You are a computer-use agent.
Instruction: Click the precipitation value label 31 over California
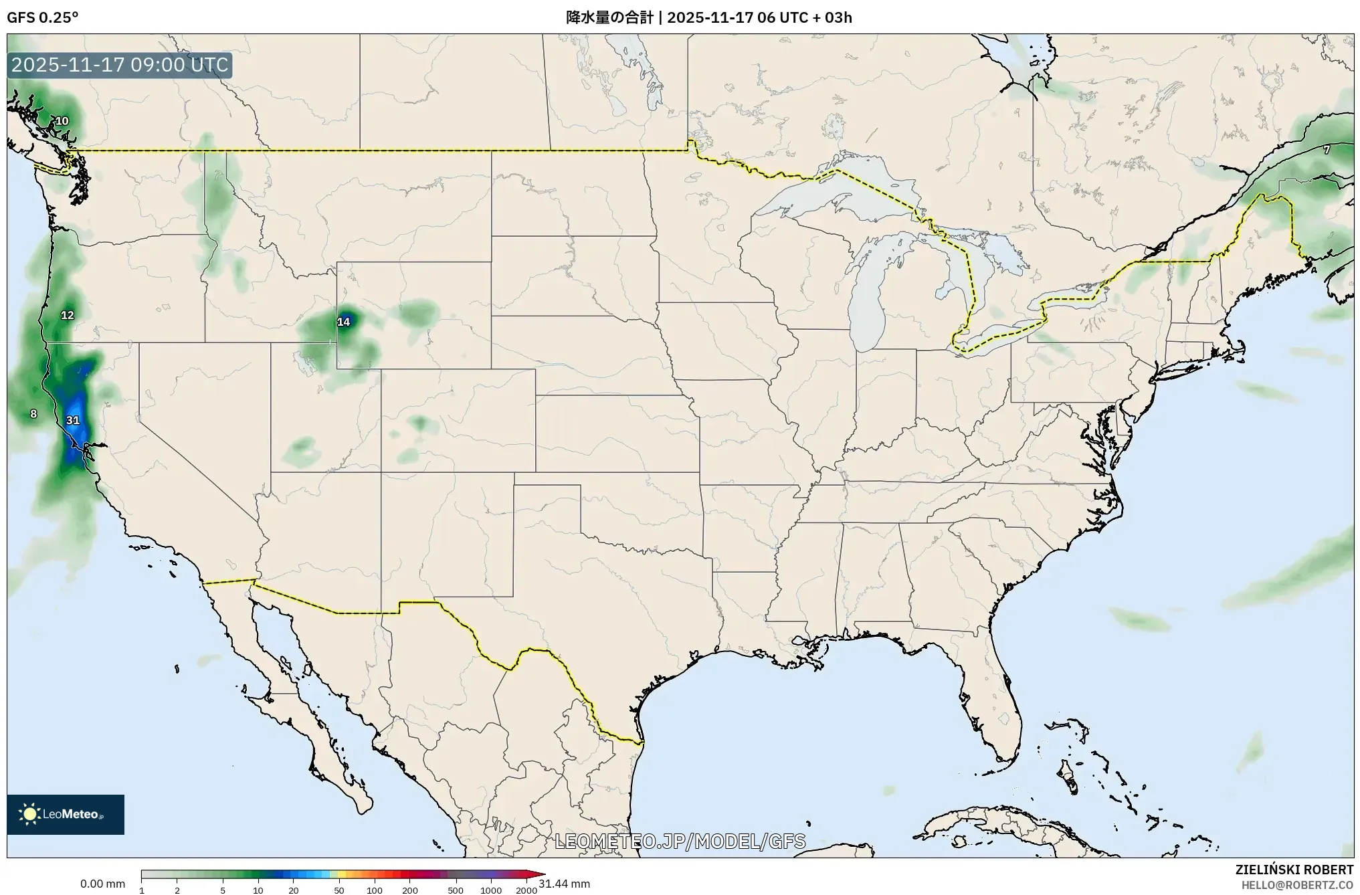[73, 420]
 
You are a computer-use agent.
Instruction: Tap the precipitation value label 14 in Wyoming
[343, 322]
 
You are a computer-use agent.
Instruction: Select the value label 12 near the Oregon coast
[68, 315]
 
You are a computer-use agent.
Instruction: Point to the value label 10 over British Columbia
[62, 121]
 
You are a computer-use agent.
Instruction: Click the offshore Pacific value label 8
[34, 414]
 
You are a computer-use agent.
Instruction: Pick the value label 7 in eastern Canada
[1327, 151]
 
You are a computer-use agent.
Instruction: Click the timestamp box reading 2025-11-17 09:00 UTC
[120, 66]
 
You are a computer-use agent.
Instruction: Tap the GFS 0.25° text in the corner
[42, 17]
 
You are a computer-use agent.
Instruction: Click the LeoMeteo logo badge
[66, 814]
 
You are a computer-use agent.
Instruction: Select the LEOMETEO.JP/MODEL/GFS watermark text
[680, 841]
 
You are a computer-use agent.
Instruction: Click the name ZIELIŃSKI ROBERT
[1294, 870]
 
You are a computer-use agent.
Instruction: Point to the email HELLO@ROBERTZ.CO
[1297, 885]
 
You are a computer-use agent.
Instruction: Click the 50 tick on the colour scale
[339, 890]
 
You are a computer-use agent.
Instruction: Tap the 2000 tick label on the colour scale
[526, 890]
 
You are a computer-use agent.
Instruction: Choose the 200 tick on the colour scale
[410, 890]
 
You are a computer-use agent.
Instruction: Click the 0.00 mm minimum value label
[102, 884]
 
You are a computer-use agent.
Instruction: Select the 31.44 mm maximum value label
[564, 884]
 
